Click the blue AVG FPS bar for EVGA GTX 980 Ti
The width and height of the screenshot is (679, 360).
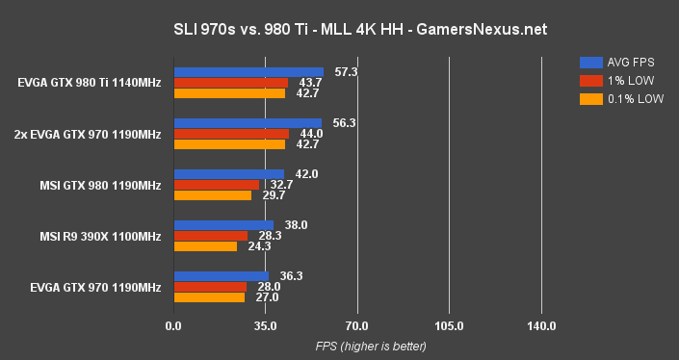pos(248,71)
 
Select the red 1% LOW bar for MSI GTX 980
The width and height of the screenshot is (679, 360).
pos(216,184)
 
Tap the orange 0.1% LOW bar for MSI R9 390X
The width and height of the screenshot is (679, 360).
pos(205,246)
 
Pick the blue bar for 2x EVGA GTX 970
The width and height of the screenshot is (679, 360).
pos(248,123)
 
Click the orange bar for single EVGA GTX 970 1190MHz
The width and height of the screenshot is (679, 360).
pos(209,297)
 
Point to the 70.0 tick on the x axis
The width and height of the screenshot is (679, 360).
pos(357,326)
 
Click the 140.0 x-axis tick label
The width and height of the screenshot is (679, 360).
pos(541,326)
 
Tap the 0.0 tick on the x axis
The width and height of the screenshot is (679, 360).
pos(173,326)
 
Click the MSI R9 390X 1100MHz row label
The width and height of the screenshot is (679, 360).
pos(99,236)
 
